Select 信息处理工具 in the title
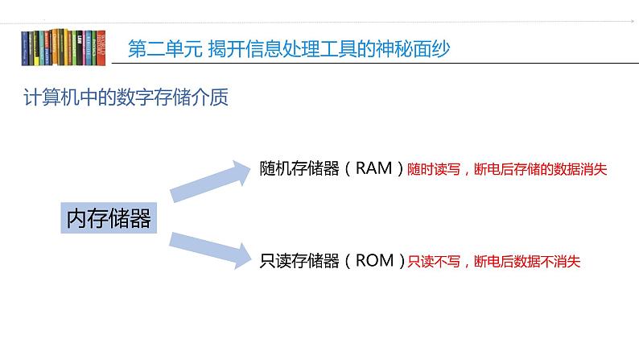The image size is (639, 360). coord(307,49)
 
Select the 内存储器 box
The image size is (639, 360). coord(109,218)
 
